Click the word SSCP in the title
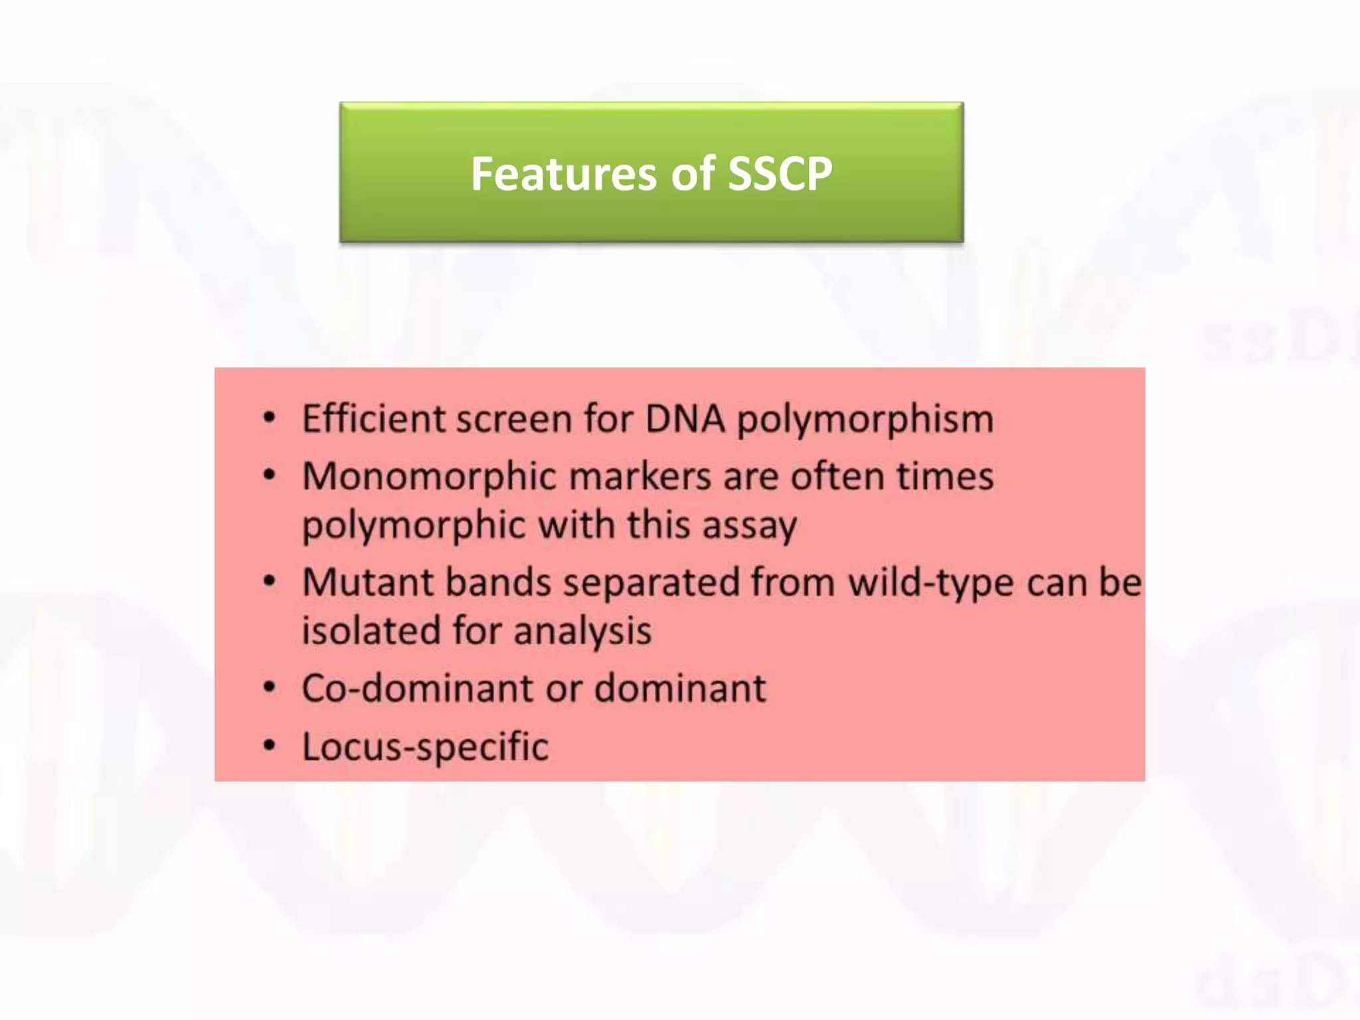coord(780,174)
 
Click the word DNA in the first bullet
coord(685,420)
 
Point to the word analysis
coord(582,632)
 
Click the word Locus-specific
coord(425,747)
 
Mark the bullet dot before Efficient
coord(269,418)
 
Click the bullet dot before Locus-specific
coord(269,745)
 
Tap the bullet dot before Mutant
coord(269,582)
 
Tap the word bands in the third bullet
coord(498,582)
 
